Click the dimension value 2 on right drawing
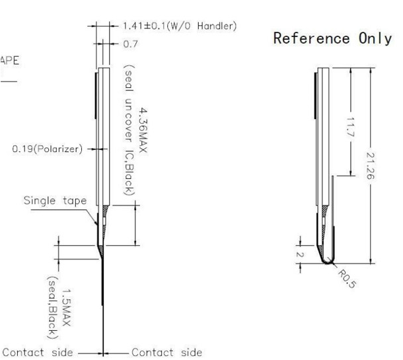pyautogui.click(x=299, y=253)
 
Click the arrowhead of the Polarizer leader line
pyautogui.click(x=95, y=150)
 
